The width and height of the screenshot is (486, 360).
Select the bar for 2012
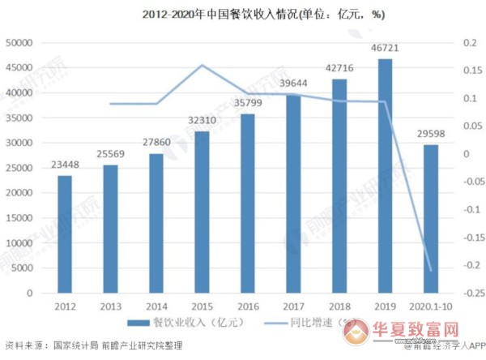65,234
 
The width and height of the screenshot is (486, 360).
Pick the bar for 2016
248,204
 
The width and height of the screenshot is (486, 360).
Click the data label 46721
385,49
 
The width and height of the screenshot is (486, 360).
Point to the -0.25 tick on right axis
468,293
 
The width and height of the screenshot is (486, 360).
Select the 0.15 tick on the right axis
468,71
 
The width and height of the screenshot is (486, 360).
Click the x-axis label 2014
156,306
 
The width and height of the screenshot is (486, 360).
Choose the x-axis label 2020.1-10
430,306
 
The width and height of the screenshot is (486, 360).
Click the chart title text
241,15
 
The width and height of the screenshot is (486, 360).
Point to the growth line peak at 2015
202,66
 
